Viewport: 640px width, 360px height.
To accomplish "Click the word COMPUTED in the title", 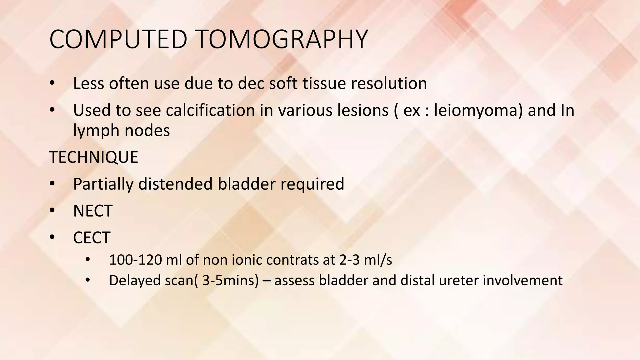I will tap(118, 39).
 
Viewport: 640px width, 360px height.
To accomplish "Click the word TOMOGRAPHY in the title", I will tap(282, 39).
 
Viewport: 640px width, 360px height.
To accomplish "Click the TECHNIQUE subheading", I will tap(93, 157).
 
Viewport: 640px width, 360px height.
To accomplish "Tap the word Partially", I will tap(103, 184).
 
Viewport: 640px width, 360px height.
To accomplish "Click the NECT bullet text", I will tap(92, 211).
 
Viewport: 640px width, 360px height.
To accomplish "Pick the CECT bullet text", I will tap(92, 238).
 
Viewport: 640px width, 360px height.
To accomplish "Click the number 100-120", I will tap(135, 260).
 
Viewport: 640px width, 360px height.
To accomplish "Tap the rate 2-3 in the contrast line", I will tap(349, 260).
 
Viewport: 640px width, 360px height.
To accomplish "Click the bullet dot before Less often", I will tap(52, 83).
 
